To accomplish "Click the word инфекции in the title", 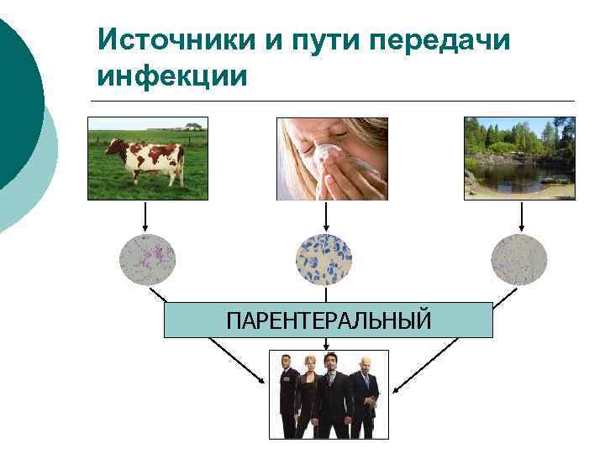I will pos(172,76).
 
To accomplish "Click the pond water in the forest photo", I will pos(513,175).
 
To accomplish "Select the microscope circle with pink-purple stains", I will pos(147,259).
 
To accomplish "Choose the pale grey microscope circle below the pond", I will pos(519,259).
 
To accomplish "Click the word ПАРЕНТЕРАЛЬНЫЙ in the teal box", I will pos(328,320).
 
